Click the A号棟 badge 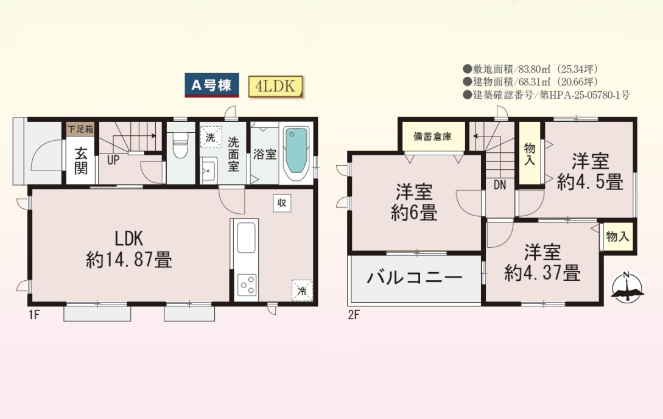pos(212,85)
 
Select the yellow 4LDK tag pos(275,86)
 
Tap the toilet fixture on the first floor pos(181,146)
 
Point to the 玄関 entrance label pos(81,161)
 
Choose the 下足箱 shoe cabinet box pos(81,129)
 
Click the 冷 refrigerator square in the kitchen pos(302,290)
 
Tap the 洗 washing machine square pos(211,137)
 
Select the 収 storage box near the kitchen pos(282,203)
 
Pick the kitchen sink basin pos(246,238)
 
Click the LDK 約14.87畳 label pos(129,249)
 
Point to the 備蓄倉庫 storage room pos(432,136)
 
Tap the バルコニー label pos(415,278)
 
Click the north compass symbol pos(628,288)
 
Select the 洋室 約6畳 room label pos(414,202)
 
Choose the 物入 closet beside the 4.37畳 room pos(618,236)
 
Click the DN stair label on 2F pos(499,185)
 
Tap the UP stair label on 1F pos(113,160)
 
